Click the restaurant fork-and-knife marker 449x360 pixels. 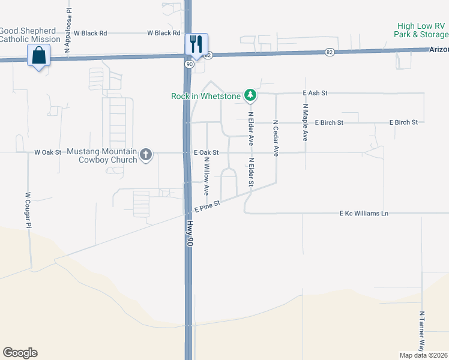[196, 44]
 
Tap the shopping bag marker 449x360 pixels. [39, 56]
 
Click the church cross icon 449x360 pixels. [145, 155]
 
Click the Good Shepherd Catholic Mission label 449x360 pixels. [30, 35]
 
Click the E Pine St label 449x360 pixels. [208, 206]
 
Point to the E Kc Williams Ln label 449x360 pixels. [364, 213]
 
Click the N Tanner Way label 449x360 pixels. [422, 331]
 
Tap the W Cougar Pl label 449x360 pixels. [28, 210]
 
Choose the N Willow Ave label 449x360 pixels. [205, 177]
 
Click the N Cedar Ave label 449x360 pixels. [276, 138]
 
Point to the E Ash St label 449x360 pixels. [315, 93]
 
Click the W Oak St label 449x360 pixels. [48, 152]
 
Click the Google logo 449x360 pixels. [20, 353]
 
